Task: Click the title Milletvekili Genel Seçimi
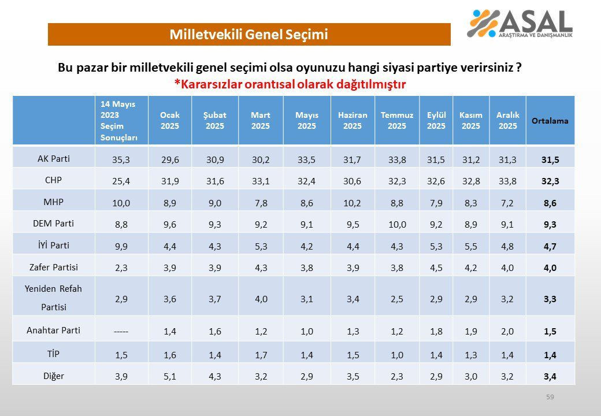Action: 248,35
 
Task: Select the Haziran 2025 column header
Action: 353,121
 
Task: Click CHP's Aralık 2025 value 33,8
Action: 508,181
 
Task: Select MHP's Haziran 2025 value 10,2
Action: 353,203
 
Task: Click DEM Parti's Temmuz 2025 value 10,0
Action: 397,224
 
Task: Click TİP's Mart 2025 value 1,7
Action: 261,354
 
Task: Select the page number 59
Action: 550,397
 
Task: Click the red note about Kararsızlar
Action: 290,84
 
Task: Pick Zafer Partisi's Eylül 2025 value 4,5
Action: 436,267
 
